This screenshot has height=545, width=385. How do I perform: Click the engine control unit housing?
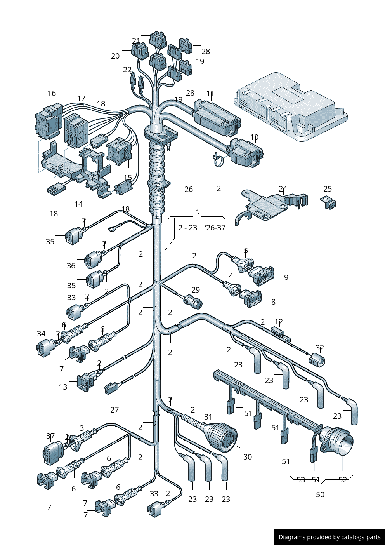click(291, 107)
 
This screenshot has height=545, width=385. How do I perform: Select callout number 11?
click(210, 93)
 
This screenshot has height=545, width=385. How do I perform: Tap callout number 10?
click(254, 137)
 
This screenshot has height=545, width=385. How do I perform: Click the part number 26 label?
click(189, 189)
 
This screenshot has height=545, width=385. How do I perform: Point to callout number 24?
click(283, 189)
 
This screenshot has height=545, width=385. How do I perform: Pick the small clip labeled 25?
click(330, 203)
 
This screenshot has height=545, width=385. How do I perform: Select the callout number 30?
click(248, 457)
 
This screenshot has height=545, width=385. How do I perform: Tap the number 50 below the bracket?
click(320, 495)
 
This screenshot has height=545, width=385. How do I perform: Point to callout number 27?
click(114, 410)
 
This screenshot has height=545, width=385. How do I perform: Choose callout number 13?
click(63, 387)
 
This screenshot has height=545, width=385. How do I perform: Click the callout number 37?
click(50, 436)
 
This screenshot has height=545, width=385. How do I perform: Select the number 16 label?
click(52, 93)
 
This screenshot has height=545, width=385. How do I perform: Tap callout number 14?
click(78, 204)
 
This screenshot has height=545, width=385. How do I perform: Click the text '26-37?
click(215, 228)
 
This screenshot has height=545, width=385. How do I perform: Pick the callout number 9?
click(286, 277)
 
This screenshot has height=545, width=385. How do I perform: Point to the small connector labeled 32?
click(317, 360)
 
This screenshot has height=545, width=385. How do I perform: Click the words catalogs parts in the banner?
click(362, 537)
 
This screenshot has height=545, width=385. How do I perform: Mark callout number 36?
click(71, 266)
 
